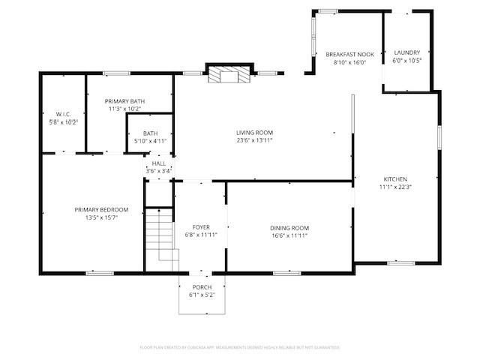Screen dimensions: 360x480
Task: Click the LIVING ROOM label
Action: coord(254,132)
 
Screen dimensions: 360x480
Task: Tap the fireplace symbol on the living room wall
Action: coord(226,74)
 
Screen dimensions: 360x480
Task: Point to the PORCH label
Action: coord(202,287)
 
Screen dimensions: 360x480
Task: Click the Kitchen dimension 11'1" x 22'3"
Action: coord(395,187)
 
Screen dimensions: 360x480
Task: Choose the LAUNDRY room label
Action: coord(407,52)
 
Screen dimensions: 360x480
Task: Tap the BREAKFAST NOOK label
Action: coord(349,54)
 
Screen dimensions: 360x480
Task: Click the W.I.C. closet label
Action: coord(63,114)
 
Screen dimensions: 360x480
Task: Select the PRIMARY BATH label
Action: coord(124,101)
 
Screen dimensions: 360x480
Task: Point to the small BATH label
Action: coord(150,133)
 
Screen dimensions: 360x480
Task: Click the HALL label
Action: coord(159,163)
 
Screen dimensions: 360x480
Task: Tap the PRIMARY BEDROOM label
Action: coord(101,209)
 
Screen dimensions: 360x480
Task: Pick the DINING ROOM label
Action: coord(289,228)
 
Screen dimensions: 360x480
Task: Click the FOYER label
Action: coord(201,226)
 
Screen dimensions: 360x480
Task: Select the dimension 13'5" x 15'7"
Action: coord(101,217)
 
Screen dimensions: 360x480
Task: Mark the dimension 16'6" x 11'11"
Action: coord(289,235)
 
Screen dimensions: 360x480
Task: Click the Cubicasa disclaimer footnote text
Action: coord(240,347)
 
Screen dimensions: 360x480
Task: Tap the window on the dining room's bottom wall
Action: coord(286,273)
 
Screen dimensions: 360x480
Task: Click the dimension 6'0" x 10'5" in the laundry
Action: coord(407,60)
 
